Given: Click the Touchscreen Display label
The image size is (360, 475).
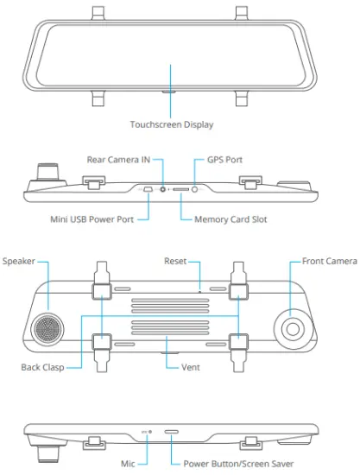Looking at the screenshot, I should click(x=171, y=125).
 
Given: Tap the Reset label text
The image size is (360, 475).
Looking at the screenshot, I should click(x=179, y=260).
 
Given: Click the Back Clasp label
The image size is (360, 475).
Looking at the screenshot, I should click(x=42, y=366).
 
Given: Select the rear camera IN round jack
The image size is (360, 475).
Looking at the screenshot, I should click(x=163, y=187).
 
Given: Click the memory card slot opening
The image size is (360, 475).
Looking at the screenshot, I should click(x=181, y=187).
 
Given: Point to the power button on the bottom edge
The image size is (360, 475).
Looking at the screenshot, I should click(x=171, y=431).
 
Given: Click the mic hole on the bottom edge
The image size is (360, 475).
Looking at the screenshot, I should click(x=151, y=431).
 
